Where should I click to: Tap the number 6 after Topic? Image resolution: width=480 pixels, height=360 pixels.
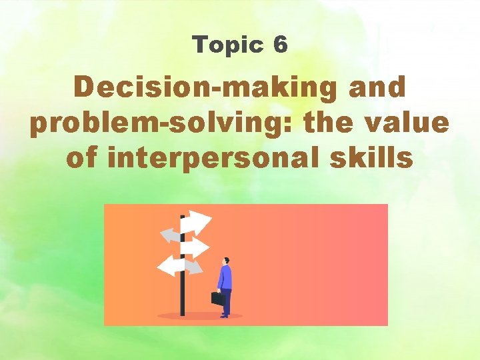(280, 45)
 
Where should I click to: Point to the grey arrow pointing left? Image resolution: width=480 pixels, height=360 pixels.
(169, 235)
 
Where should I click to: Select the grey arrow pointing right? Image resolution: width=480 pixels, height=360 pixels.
(194, 267)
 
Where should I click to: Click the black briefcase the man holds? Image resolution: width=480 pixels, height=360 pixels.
(217, 299)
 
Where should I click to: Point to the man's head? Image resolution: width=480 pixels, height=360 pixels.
(226, 260)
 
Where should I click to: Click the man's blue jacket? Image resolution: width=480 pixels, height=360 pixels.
(225, 277)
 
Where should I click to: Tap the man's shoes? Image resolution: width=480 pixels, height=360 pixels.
(225, 315)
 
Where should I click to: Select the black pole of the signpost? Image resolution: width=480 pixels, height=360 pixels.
(182, 293)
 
